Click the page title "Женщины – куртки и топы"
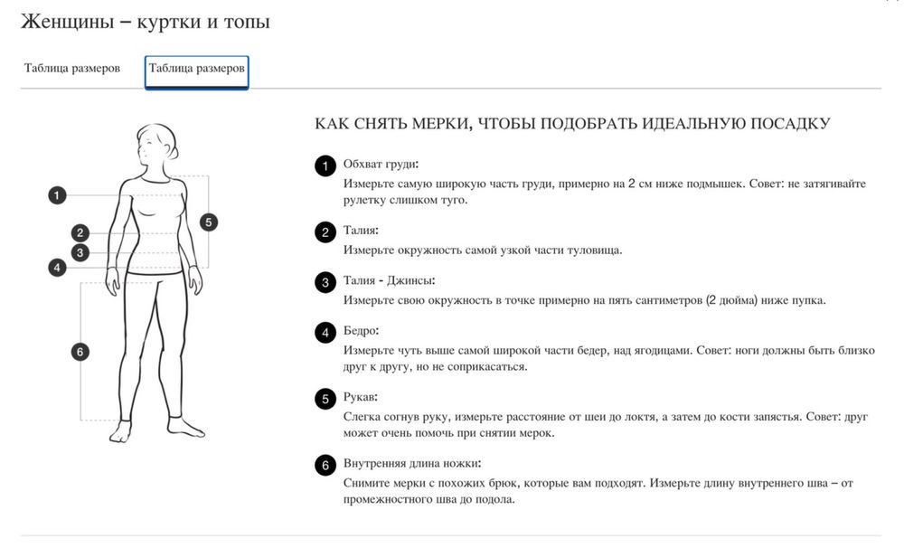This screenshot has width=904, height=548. tap(145, 22)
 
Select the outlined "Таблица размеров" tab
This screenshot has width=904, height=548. tap(196, 69)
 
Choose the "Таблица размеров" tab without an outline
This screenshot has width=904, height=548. tap(72, 69)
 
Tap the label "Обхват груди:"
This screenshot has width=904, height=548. tap(381, 165)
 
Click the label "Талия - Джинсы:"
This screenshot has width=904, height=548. tap(390, 281)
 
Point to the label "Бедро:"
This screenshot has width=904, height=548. tap(361, 331)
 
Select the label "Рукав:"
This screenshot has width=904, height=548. tap(360, 397)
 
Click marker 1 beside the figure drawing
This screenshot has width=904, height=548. tap(57, 194)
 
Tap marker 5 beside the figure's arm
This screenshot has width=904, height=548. tap(209, 222)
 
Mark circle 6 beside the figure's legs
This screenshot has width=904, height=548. tap(80, 352)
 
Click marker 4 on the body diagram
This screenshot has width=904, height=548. tap(57, 268)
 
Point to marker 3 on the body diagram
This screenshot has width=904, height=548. tap(80, 252)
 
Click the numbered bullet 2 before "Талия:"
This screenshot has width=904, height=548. tap(325, 232)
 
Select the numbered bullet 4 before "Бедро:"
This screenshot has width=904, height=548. tap(325, 333)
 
